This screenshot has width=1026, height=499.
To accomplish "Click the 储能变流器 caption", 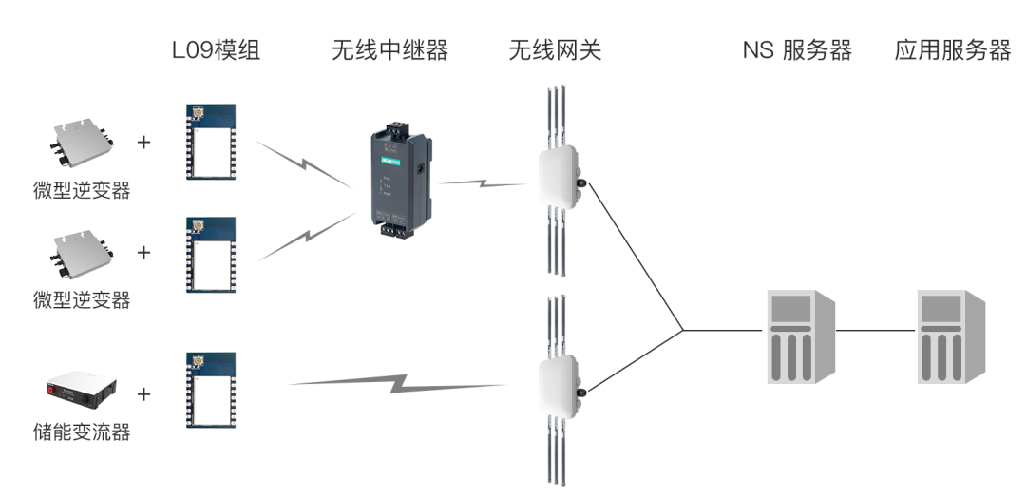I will click(81, 433).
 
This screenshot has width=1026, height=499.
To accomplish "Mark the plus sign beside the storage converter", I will click(144, 393).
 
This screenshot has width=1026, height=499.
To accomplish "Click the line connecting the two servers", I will click(877, 331).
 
